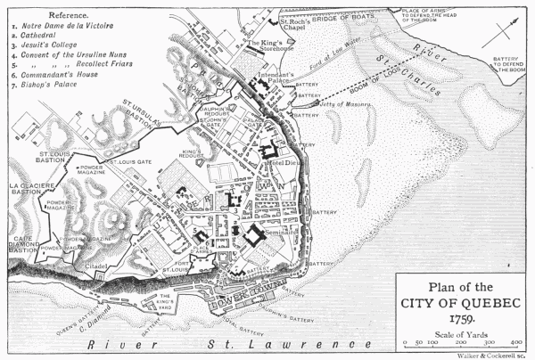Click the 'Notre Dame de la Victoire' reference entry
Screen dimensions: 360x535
[x=66, y=28]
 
